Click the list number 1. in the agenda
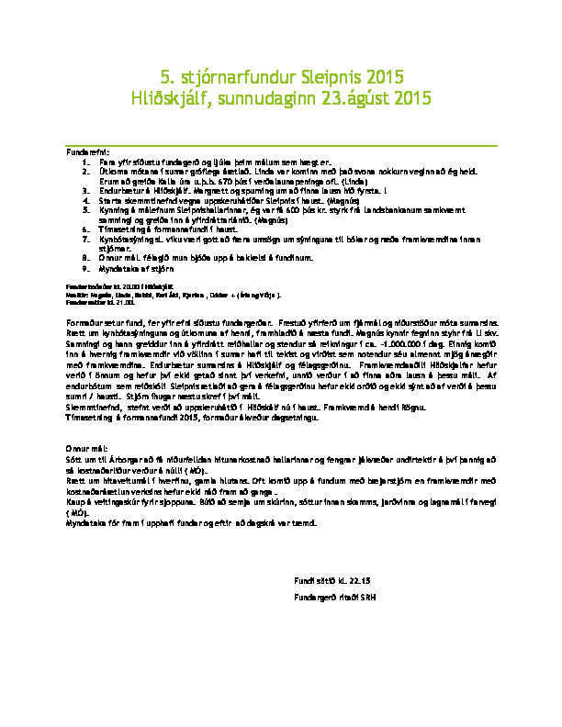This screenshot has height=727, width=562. coord(85,161)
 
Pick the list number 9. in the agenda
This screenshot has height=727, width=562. coord(85,270)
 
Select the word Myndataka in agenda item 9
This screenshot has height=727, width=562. coord(117,270)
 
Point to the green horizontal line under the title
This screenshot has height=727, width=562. coord(281,145)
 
